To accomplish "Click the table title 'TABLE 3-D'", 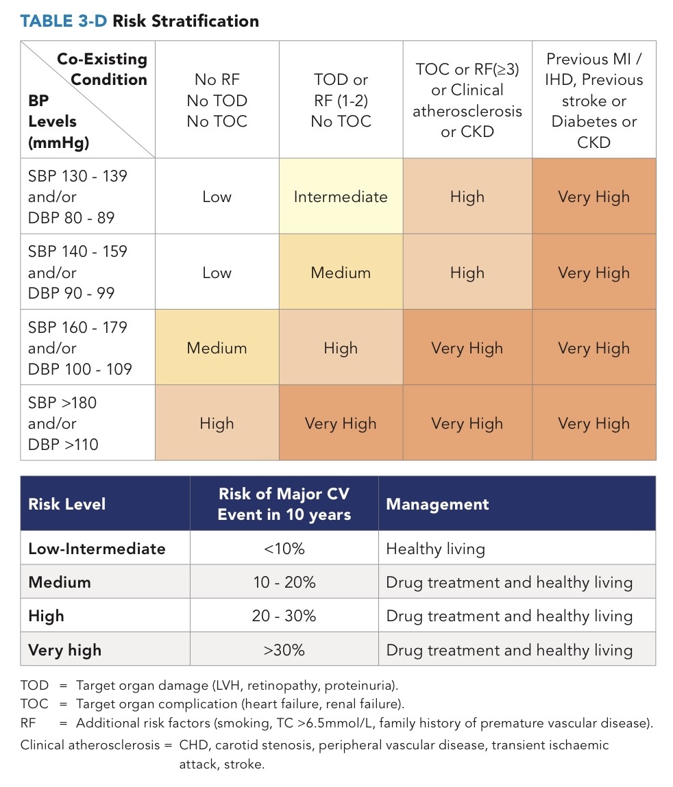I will pyautogui.click(x=64, y=21).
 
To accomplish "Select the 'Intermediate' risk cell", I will pyautogui.click(x=341, y=197).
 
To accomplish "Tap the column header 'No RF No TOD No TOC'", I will pyautogui.click(x=217, y=101).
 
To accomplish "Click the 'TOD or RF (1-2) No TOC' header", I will pyautogui.click(x=341, y=101).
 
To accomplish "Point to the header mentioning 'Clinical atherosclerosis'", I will pyautogui.click(x=467, y=100).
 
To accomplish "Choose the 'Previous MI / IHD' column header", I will pyautogui.click(x=594, y=101).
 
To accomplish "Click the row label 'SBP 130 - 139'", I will pyautogui.click(x=77, y=176).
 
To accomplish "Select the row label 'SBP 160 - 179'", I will pyautogui.click(x=77, y=327).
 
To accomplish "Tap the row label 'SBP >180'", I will pyautogui.click(x=62, y=403).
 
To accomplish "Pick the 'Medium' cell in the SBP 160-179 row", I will pyautogui.click(x=217, y=348).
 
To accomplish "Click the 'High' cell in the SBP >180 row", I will pyautogui.click(x=217, y=423).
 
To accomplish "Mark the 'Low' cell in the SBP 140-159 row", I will pyautogui.click(x=217, y=273).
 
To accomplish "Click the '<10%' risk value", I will pyautogui.click(x=284, y=549).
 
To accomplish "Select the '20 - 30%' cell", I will pyautogui.click(x=284, y=616).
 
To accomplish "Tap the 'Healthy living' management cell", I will pyautogui.click(x=435, y=549).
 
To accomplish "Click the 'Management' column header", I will pyautogui.click(x=437, y=505).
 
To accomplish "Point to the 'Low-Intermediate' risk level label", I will pyautogui.click(x=97, y=549).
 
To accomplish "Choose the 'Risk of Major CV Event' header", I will pyautogui.click(x=284, y=504).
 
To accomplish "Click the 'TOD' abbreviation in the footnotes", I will pyautogui.click(x=34, y=685).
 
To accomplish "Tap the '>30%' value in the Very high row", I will pyautogui.click(x=284, y=649).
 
